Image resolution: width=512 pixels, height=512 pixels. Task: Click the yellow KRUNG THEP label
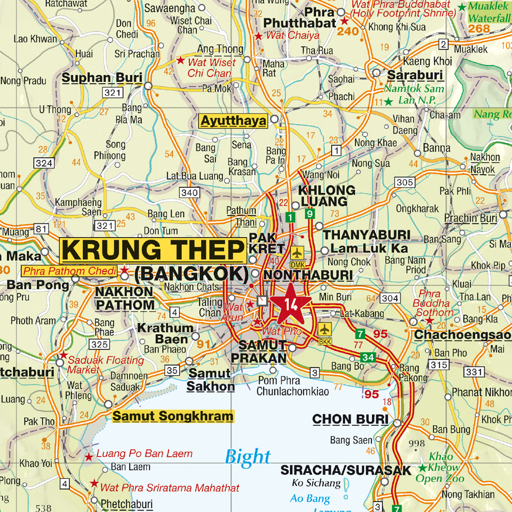pos(153,250)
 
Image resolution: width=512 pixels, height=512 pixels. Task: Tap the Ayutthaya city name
pos(234,121)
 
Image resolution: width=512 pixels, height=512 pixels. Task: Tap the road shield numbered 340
pos(189,193)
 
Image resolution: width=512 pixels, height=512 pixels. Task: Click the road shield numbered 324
pos(44,163)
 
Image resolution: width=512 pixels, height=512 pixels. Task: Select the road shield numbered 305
pos(405,182)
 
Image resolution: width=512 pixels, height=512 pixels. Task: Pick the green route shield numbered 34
pos(368,357)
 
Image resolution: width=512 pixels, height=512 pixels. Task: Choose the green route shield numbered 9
pos(309,215)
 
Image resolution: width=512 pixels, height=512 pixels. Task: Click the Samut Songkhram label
pos(173,416)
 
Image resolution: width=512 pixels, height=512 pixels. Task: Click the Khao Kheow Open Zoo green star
pos(423,468)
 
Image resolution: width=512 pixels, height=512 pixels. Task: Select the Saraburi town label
pos(415,75)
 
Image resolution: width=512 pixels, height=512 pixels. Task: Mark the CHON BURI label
pos(350,419)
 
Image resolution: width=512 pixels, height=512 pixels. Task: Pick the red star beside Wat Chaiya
pos(259,36)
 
